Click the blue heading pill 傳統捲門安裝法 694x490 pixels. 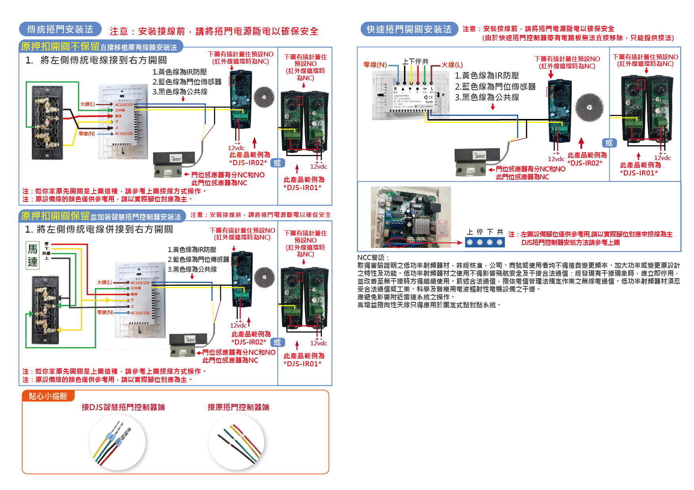coord(60,29)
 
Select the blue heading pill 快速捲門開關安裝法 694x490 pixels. coord(409,29)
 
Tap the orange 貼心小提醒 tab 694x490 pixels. coord(48,396)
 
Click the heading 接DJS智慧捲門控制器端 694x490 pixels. coord(123,407)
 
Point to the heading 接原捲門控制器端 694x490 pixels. coord(238,407)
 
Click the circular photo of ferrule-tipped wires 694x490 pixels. coord(118,442)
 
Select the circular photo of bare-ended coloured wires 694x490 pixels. coord(237,442)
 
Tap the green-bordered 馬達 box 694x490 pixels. coord(32,255)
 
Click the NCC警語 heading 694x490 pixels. coord(373,258)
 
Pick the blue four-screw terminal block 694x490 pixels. coord(485,242)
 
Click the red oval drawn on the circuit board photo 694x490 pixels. coord(397,242)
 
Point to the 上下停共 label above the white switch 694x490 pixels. coord(415,62)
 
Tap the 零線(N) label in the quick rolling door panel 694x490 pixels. coord(375,64)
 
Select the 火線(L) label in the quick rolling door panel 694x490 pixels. coord(452,64)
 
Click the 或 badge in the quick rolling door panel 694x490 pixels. coord(609,143)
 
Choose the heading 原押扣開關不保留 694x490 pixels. coord(60,47)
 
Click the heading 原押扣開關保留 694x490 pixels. coord(55,216)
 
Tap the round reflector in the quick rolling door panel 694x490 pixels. coord(590,107)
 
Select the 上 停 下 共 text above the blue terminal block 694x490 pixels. coord(485,232)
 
